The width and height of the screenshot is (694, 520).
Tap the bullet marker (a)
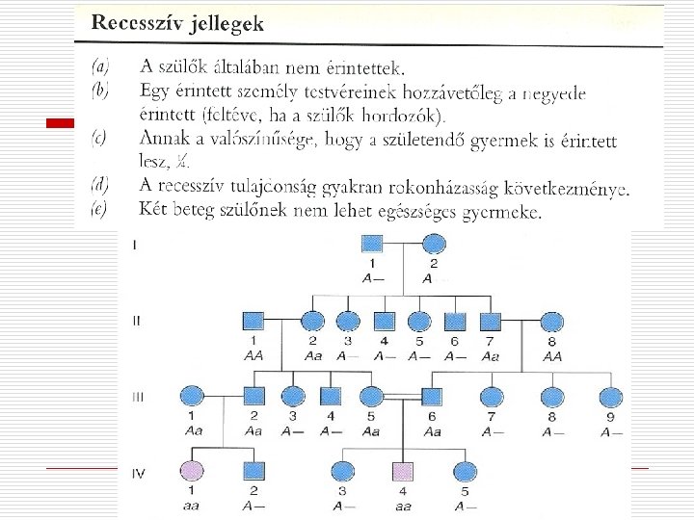(99, 66)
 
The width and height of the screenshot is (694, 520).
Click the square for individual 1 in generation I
(371, 245)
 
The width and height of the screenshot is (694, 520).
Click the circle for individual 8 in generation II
(553, 320)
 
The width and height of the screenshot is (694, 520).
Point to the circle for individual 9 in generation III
(609, 395)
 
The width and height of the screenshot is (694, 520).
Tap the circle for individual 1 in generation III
(191, 395)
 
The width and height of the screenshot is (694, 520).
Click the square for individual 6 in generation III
(432, 395)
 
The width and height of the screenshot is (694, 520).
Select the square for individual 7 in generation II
(491, 320)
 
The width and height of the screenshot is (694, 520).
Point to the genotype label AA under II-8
(553, 354)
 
